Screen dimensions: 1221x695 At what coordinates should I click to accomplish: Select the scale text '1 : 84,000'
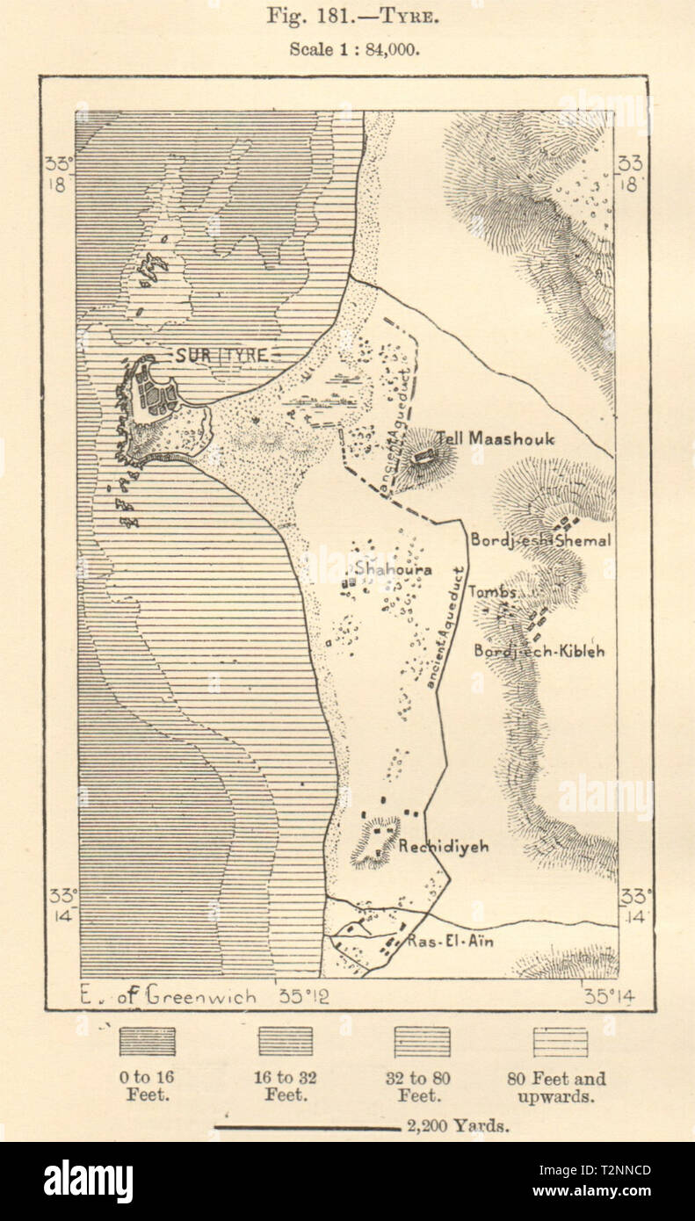(x=377, y=49)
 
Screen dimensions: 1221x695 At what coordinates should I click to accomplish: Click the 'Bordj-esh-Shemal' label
(x=539, y=540)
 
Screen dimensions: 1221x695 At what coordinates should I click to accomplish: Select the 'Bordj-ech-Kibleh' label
(x=539, y=651)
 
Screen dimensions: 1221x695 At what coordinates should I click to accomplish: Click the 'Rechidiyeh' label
(x=443, y=847)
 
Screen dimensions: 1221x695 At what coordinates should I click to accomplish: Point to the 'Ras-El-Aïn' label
(x=451, y=942)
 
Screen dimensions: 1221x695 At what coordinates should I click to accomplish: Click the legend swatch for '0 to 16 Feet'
(x=147, y=1042)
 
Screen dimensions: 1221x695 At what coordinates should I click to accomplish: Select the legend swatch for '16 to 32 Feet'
(x=285, y=1042)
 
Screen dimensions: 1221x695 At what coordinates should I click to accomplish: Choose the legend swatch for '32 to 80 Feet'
(x=422, y=1042)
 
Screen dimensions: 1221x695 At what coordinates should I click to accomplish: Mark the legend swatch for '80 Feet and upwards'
(x=560, y=1042)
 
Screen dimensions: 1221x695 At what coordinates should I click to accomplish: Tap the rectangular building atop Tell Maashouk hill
(x=426, y=455)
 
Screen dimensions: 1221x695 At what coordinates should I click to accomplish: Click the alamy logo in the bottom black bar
(x=88, y=1181)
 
